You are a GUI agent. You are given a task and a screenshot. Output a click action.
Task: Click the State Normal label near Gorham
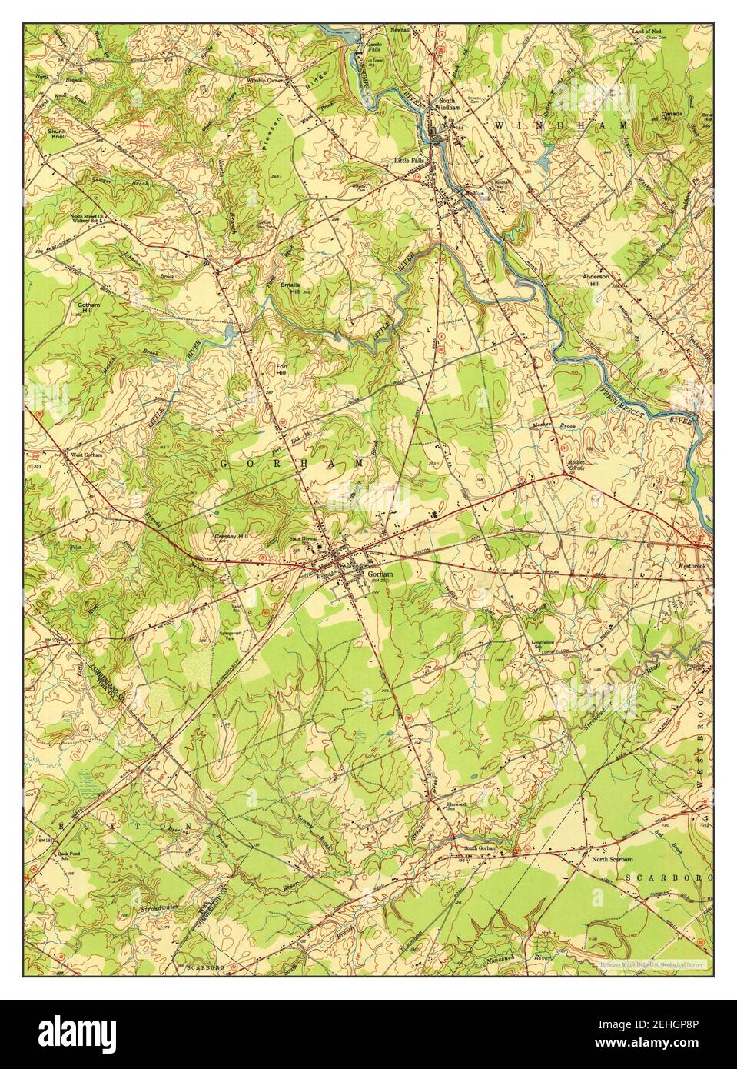[x=303, y=538]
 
